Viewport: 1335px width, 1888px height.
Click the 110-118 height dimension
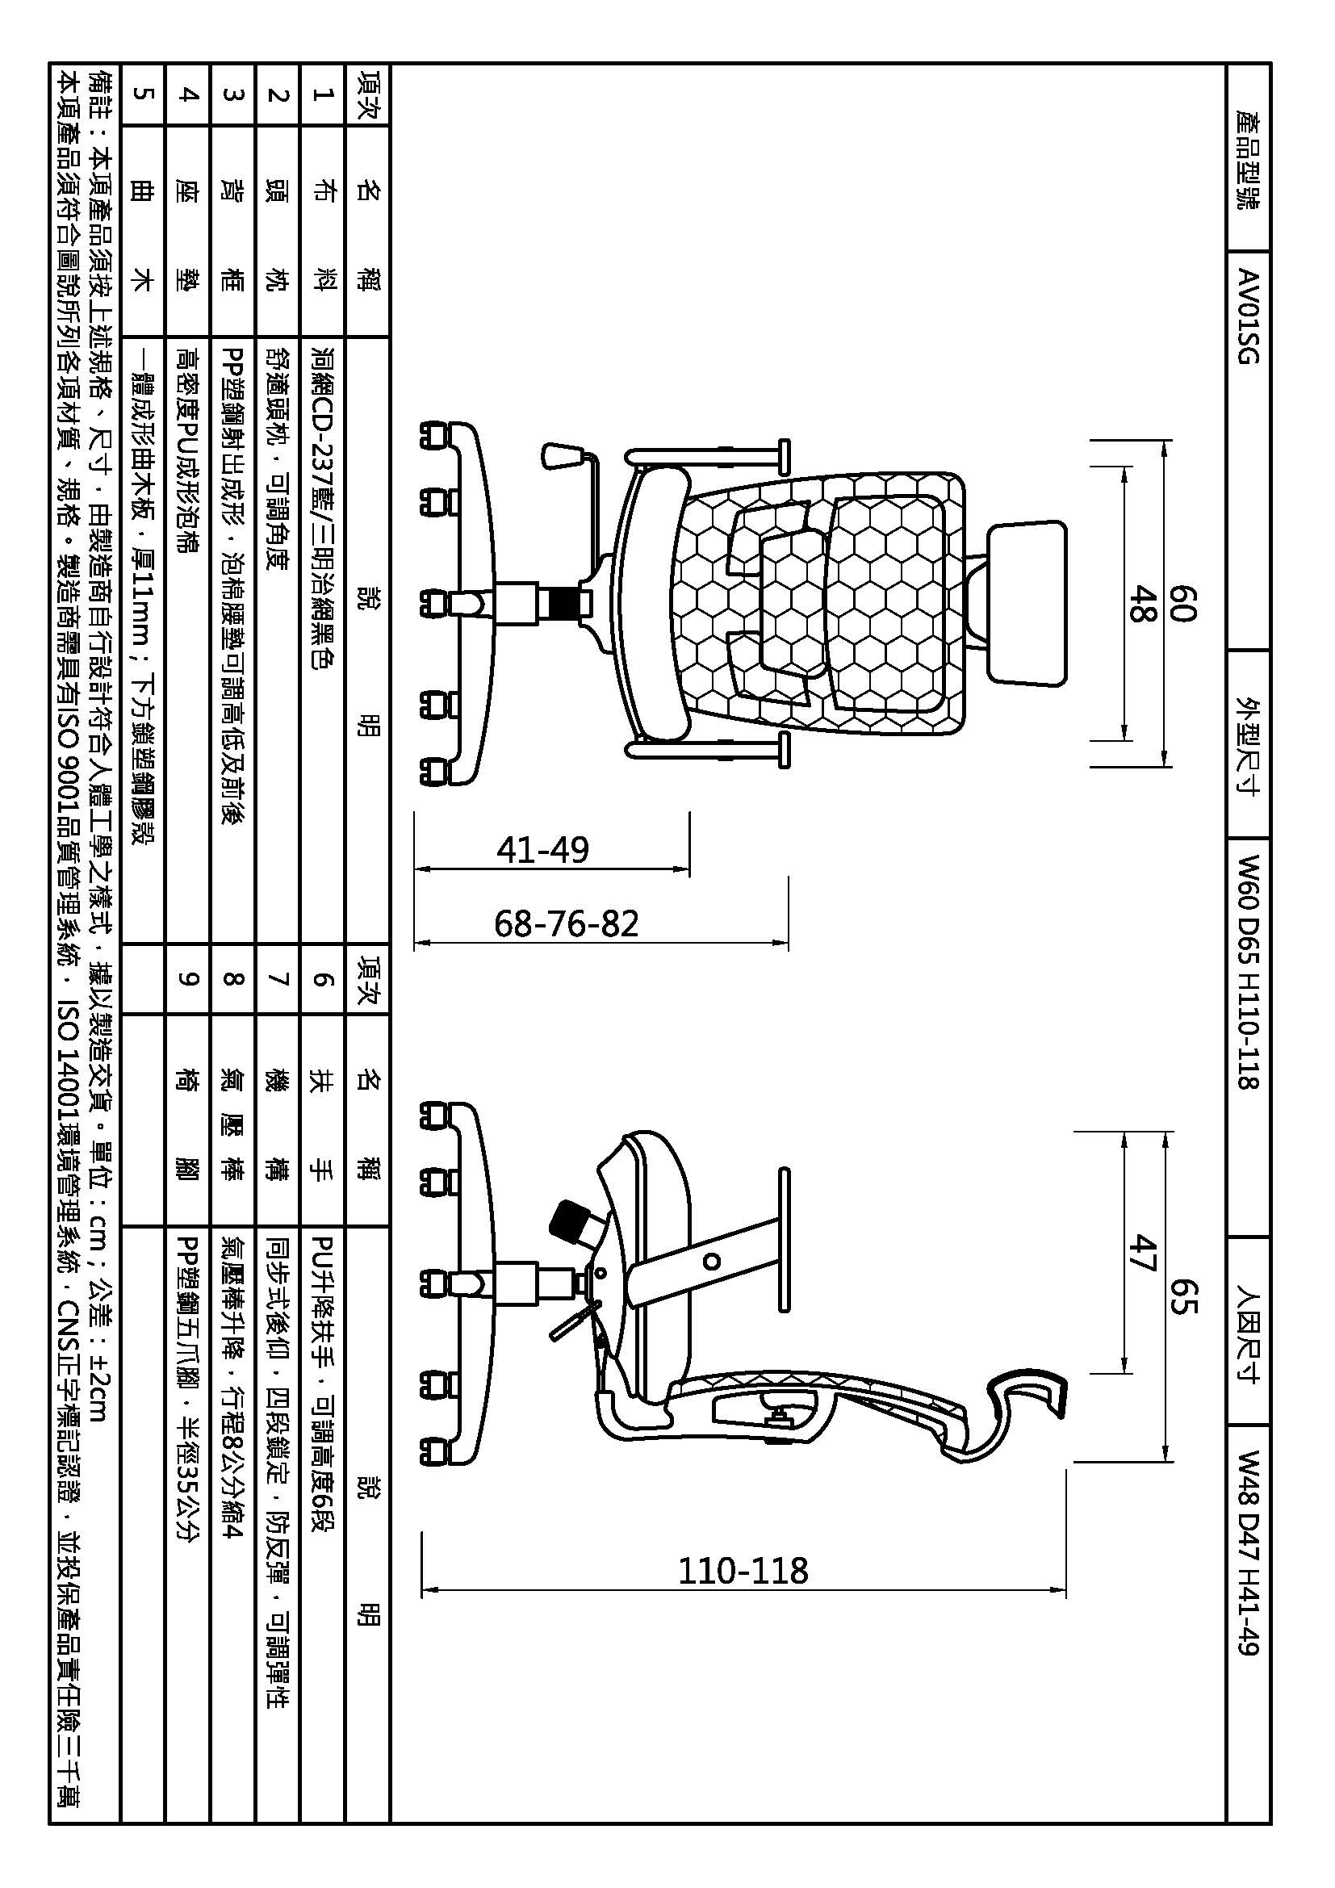[x=743, y=1571]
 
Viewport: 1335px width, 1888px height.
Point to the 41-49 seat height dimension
[x=542, y=849]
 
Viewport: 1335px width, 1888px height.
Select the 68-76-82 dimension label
[x=567, y=923]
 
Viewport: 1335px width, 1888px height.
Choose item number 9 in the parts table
[x=188, y=978]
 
